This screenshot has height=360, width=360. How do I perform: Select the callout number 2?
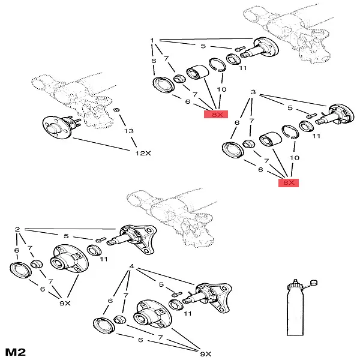(x=17, y=229)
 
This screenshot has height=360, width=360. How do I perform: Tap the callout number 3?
(x=253, y=94)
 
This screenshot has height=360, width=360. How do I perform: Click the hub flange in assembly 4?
(x=148, y=313)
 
